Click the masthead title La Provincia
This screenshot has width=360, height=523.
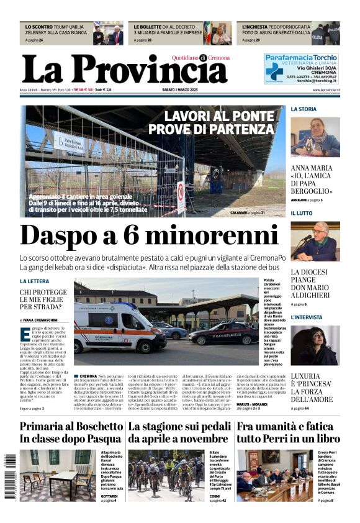tap(124, 70)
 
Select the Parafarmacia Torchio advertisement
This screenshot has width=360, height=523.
tap(300, 68)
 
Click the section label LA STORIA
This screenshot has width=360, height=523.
tap(304, 109)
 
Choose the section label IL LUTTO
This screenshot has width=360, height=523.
tap(302, 213)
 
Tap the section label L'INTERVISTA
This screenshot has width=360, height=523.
tap(307, 317)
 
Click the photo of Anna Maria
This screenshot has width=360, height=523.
tap(315, 137)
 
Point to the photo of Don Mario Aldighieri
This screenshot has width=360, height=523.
tap(315, 242)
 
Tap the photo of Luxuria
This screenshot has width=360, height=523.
tap(315, 346)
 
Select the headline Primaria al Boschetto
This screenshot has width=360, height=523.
tap(71, 433)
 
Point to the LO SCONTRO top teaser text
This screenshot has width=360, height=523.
tap(56, 31)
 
